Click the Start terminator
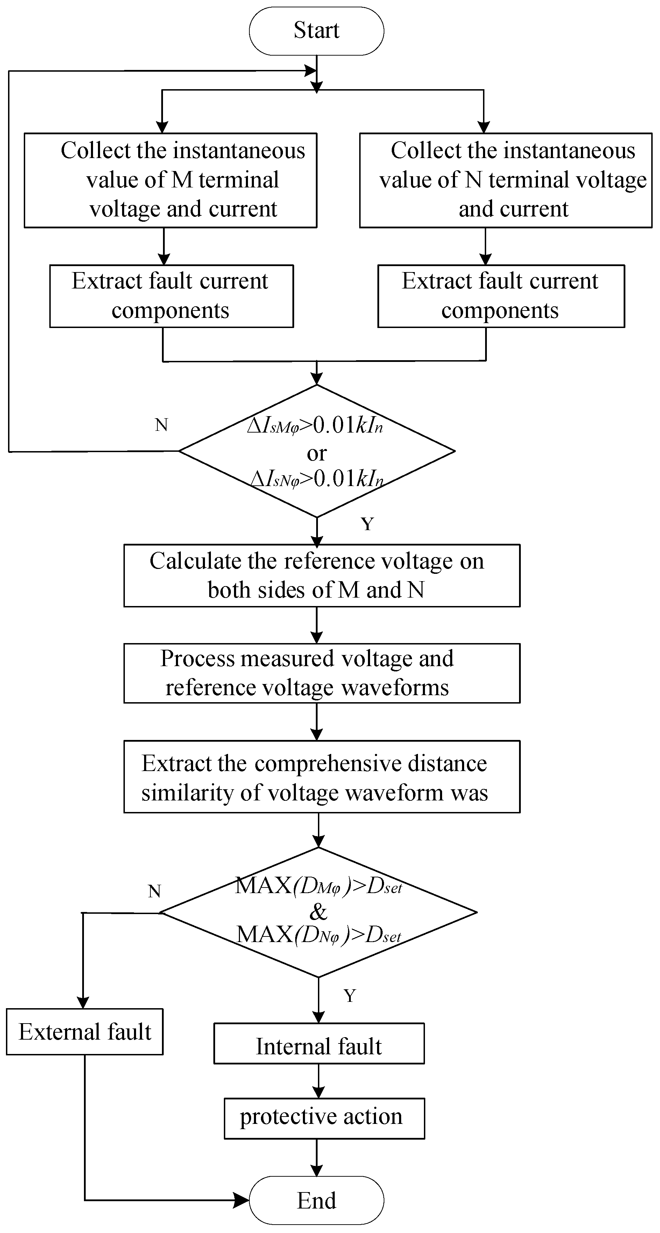(x=317, y=31)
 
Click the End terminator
(x=317, y=1200)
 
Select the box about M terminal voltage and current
(x=170, y=180)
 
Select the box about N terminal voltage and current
(x=505, y=180)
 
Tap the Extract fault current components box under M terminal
(x=171, y=296)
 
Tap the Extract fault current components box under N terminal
(x=501, y=296)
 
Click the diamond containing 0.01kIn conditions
(x=317, y=450)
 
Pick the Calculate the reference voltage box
(x=322, y=575)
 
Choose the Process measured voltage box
(x=322, y=673)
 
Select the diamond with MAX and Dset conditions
(x=318, y=912)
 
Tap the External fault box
(x=85, y=1032)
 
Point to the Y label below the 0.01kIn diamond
(x=367, y=524)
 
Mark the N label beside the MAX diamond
(x=155, y=891)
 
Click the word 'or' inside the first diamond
(x=317, y=453)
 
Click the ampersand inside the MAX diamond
(x=318, y=912)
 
